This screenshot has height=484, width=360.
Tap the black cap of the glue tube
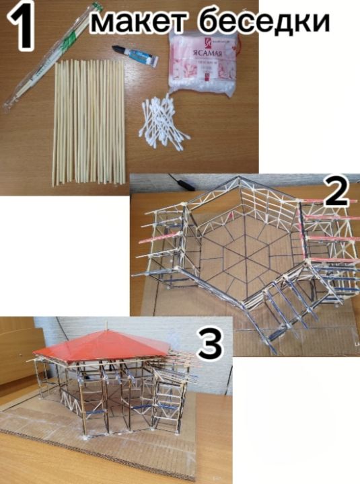tap(119, 50)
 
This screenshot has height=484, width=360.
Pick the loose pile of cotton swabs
tap(161, 121)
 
